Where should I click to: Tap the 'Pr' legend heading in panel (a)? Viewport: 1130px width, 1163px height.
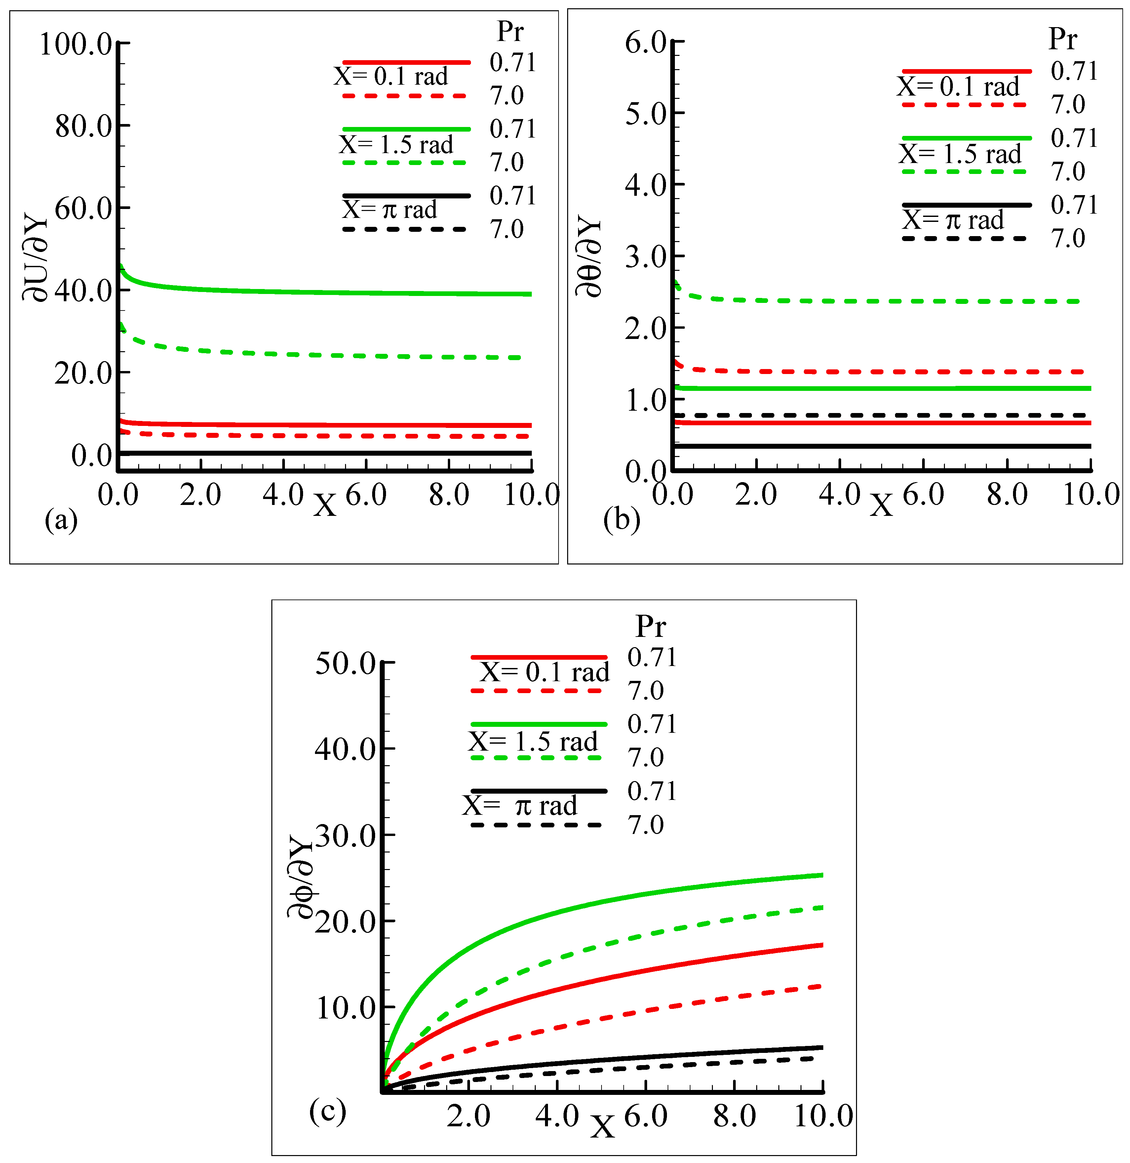coord(510,31)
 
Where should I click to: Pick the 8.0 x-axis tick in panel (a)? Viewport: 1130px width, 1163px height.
coord(449,494)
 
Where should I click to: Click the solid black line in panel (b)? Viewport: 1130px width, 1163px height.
coord(890,446)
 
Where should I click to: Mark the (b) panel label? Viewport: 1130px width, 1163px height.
coord(621,519)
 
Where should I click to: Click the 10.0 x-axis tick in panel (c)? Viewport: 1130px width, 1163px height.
coord(823,1116)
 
